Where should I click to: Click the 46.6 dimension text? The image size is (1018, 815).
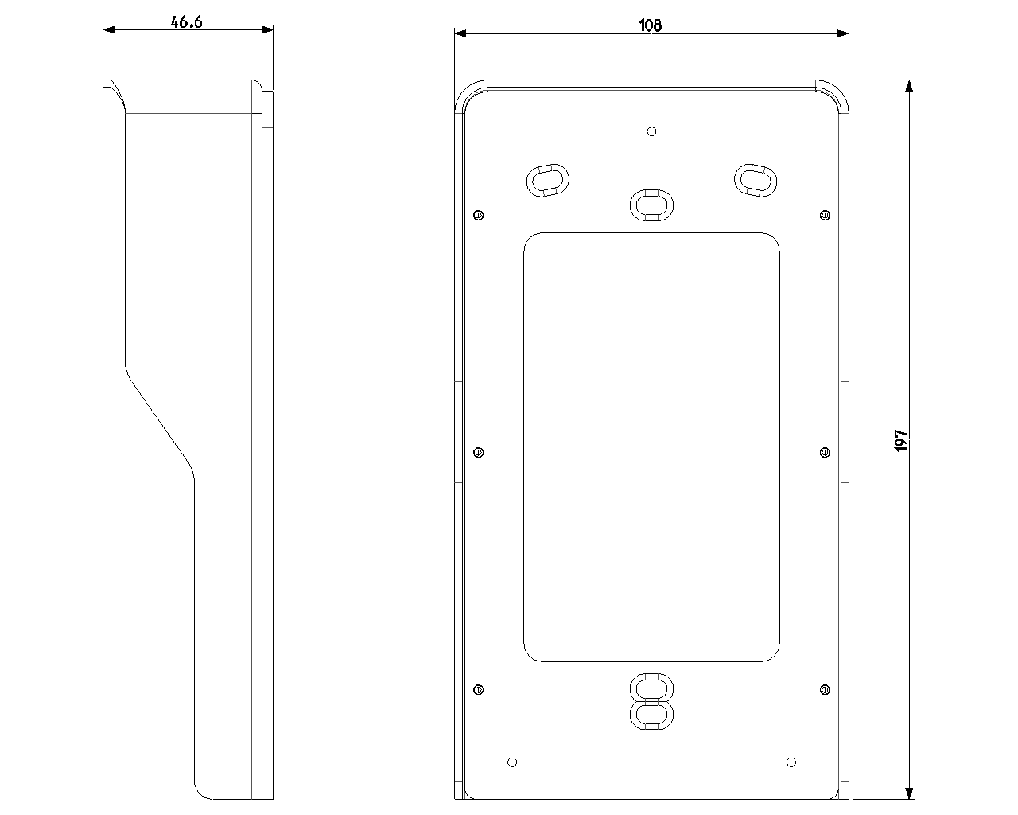187,22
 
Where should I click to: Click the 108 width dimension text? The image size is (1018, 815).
650,25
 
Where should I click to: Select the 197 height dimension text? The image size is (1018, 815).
901,440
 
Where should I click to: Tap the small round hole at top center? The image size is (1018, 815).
651,131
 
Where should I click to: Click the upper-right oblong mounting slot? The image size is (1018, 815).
754,179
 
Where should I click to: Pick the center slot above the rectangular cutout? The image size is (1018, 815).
651,205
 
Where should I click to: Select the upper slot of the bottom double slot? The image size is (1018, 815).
651,688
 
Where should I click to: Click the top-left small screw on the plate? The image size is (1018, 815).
478,215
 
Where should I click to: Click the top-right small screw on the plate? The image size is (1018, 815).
825,215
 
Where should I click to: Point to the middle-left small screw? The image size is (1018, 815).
478,452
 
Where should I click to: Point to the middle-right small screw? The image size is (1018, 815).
825,452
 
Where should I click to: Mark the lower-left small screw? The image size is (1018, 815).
478,689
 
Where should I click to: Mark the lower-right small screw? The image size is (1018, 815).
825,689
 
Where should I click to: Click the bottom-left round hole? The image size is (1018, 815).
512,762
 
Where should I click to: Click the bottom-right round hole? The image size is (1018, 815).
791,762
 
